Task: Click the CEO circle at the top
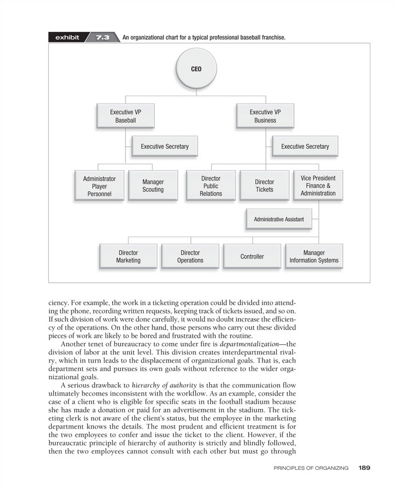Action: click(196, 70)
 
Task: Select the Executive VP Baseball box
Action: click(125, 116)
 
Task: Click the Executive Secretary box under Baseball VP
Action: click(165, 146)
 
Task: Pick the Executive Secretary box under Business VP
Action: click(305, 146)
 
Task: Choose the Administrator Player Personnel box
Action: click(99, 186)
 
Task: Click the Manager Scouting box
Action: click(153, 186)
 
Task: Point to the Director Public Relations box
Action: click(211, 186)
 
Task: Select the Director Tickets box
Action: click(264, 186)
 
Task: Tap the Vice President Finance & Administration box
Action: click(318, 186)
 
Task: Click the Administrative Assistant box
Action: click(278, 219)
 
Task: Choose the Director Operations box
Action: click(190, 256)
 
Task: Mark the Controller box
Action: click(252, 256)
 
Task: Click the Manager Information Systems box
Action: click(314, 256)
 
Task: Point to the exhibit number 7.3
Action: click(102, 37)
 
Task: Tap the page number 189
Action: click(364, 468)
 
